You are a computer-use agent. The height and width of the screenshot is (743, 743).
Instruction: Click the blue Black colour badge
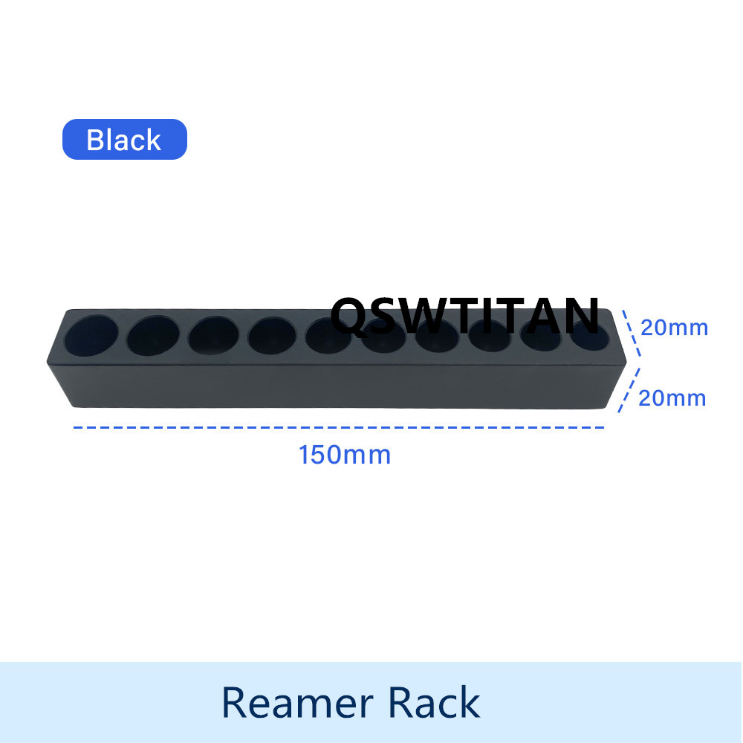click(125, 140)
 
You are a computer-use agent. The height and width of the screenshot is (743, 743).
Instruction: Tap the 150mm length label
click(345, 455)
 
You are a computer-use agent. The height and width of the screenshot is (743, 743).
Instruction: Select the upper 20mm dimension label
click(675, 328)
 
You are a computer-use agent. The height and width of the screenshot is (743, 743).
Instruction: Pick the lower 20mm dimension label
click(672, 398)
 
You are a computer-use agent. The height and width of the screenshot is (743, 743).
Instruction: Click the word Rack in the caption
click(435, 702)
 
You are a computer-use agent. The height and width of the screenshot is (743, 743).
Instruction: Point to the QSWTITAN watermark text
click(465, 315)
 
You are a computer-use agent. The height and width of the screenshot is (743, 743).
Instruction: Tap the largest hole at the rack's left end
click(91, 335)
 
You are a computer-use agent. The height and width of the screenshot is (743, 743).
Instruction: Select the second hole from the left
click(153, 336)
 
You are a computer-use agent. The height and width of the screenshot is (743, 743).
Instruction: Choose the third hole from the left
click(213, 336)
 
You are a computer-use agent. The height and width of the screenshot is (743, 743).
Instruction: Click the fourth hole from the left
click(271, 336)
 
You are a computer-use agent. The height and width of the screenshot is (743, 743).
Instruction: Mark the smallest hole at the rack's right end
click(589, 336)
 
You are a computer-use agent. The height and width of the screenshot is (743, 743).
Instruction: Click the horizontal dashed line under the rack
click(338, 427)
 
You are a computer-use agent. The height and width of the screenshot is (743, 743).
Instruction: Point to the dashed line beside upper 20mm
click(632, 333)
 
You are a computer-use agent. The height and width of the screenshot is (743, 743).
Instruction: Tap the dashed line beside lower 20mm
click(629, 390)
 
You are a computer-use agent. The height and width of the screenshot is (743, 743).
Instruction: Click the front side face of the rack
click(337, 386)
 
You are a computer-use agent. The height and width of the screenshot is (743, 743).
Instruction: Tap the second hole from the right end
click(541, 336)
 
